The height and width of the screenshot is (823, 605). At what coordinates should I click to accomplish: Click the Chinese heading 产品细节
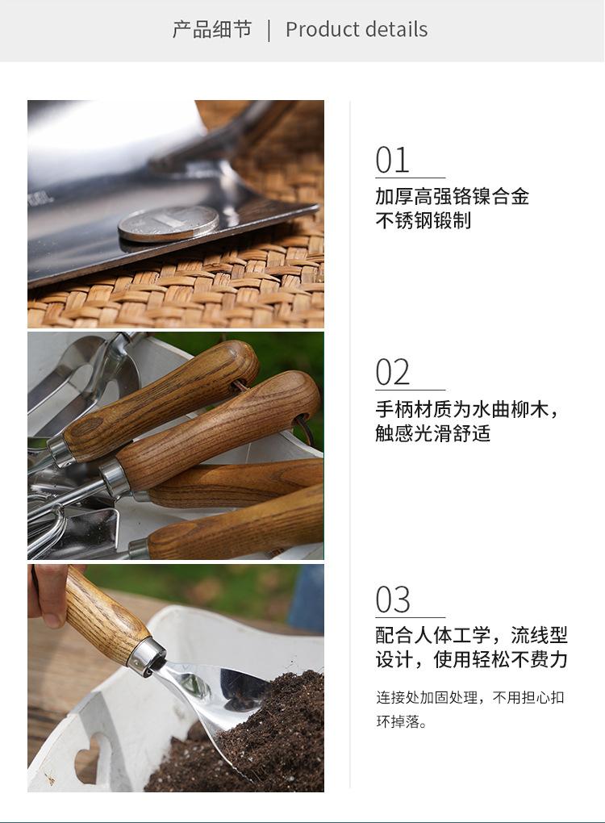click(x=212, y=30)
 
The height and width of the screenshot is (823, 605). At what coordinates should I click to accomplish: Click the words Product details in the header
click(x=357, y=30)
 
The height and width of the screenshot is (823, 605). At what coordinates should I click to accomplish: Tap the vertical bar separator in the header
click(x=269, y=30)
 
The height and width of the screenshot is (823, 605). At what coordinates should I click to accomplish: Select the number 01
click(x=393, y=160)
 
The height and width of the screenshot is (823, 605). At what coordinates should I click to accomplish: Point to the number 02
click(x=393, y=373)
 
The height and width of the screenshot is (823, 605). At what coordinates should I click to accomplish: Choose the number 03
click(x=393, y=600)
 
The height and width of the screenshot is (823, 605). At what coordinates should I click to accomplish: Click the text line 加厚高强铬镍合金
click(x=452, y=196)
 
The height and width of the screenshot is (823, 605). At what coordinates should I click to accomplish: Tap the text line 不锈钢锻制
click(x=423, y=220)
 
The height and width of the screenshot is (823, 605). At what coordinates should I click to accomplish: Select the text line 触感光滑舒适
click(x=432, y=433)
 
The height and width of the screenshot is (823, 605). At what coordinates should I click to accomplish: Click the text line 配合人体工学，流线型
click(x=471, y=635)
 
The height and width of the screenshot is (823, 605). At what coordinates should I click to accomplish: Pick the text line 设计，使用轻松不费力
click(x=471, y=659)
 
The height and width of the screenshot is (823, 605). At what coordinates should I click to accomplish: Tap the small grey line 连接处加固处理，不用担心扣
click(x=469, y=697)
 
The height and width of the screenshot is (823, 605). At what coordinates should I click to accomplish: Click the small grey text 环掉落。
click(x=401, y=721)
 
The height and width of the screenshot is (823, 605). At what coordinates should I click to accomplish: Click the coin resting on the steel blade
click(x=169, y=223)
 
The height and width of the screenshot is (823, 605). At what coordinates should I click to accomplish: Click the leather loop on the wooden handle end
click(x=303, y=425)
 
